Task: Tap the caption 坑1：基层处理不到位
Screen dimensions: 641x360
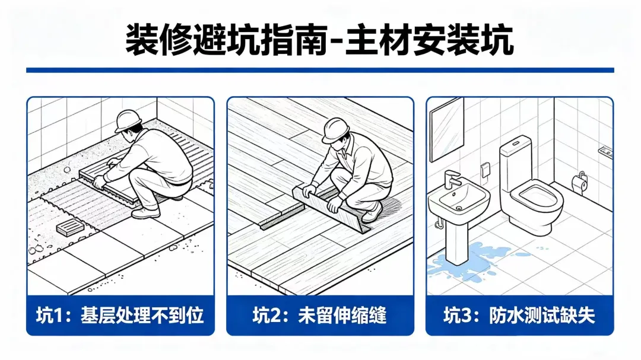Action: (x=120, y=316)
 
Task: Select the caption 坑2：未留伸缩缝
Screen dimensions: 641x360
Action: (x=319, y=316)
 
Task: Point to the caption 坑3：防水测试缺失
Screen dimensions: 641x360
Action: (x=519, y=316)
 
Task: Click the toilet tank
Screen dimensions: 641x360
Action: (x=516, y=163)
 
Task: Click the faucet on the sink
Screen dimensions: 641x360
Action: (x=452, y=179)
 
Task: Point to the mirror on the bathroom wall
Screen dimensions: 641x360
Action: (x=447, y=129)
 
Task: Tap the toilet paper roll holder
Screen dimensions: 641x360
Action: (x=580, y=182)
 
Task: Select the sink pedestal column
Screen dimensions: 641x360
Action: (x=456, y=241)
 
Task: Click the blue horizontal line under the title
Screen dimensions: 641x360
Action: (x=320, y=71)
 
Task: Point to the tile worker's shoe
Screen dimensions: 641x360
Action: (x=146, y=213)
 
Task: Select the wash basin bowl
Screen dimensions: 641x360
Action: (x=459, y=200)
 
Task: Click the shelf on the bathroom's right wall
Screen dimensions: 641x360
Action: (x=605, y=152)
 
